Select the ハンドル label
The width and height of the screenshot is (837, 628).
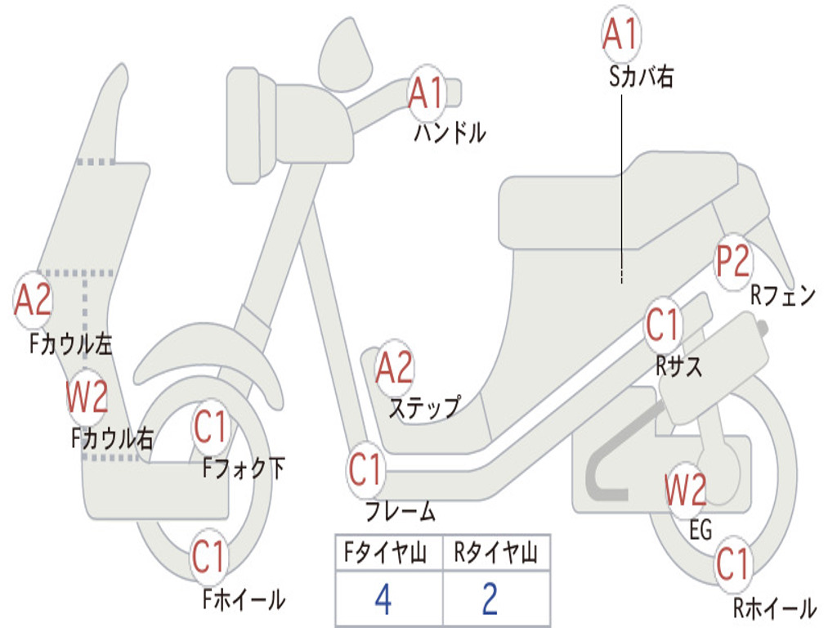point(450,132)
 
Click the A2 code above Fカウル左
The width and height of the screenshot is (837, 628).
point(34,300)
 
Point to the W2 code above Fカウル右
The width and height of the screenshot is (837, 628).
point(87,397)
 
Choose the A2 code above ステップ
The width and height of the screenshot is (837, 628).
point(394,368)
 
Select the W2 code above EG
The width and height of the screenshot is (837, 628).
point(685,491)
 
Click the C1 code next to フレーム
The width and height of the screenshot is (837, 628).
point(365,470)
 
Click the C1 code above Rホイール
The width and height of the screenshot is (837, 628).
point(732,563)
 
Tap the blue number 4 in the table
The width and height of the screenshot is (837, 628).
point(383,600)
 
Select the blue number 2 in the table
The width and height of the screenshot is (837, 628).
point(490,600)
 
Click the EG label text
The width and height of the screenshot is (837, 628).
point(700,531)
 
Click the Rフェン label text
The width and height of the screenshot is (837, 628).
point(783,296)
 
